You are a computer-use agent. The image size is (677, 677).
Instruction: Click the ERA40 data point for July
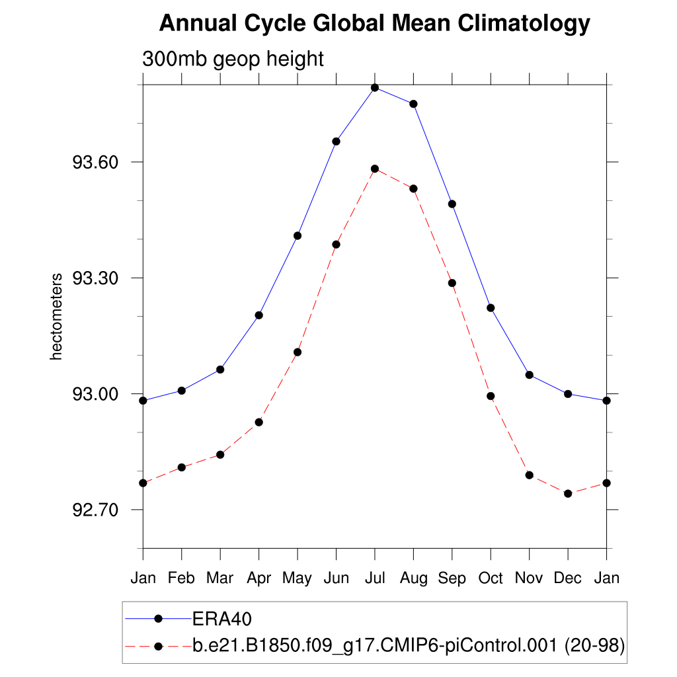pyautogui.click(x=375, y=87)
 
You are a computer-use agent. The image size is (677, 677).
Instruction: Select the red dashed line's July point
pyautogui.click(x=375, y=169)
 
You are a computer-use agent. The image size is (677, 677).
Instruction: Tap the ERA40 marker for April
pyautogui.click(x=259, y=315)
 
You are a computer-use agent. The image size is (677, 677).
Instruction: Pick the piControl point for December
pyautogui.click(x=568, y=493)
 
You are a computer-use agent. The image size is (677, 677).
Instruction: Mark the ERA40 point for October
pyautogui.click(x=491, y=307)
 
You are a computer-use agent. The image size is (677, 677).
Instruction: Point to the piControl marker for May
pyautogui.click(x=298, y=352)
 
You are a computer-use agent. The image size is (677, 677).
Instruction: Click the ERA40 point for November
pyautogui.click(x=529, y=375)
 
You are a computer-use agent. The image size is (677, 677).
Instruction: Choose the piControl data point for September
pyautogui.click(x=452, y=283)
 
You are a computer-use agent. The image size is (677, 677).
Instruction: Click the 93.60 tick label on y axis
pyautogui.click(x=98, y=162)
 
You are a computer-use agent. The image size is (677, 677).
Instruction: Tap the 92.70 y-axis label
pyautogui.click(x=98, y=510)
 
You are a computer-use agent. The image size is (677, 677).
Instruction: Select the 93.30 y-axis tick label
pyautogui.click(x=98, y=278)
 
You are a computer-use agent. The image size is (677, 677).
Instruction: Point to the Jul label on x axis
pyautogui.click(x=375, y=578)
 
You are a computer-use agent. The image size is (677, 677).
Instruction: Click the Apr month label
pyautogui.click(x=259, y=578)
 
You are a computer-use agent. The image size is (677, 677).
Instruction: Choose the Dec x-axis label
pyautogui.click(x=568, y=578)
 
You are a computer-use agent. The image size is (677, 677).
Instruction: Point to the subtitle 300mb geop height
pyautogui.click(x=233, y=59)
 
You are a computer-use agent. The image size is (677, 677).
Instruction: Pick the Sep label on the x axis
pyautogui.click(x=452, y=578)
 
